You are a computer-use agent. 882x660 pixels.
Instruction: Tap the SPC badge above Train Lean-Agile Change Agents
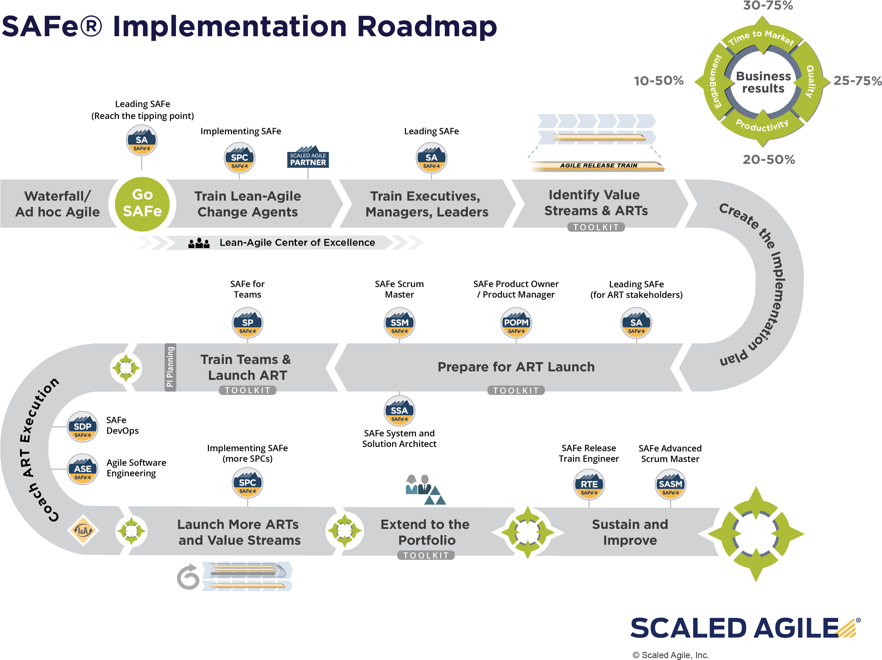click(239, 158)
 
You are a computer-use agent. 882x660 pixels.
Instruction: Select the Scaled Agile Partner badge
click(308, 158)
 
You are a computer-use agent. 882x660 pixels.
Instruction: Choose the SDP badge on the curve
click(83, 427)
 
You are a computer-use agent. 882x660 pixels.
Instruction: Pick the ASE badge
click(83, 469)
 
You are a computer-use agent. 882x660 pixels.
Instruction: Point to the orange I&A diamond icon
click(83, 530)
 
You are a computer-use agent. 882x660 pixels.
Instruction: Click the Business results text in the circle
click(763, 82)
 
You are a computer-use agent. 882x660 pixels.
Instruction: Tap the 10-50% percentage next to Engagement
click(659, 81)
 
